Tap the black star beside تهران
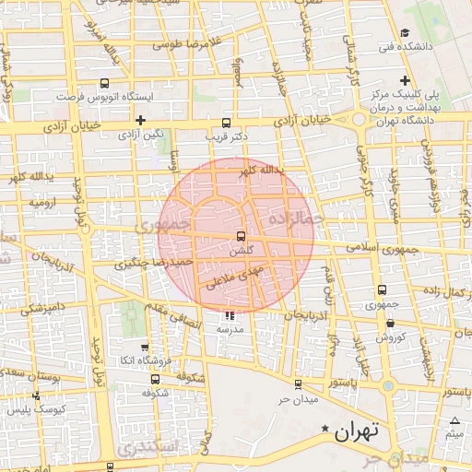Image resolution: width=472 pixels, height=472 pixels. pyautogui.click(x=324, y=430)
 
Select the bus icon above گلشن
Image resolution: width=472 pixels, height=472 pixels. pyautogui.click(x=242, y=236)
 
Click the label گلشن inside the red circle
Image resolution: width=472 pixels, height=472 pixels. pyautogui.click(x=242, y=250)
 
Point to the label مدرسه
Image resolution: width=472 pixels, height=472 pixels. pyautogui.click(x=229, y=328)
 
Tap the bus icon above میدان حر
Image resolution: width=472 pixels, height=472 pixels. pyautogui.click(x=297, y=385)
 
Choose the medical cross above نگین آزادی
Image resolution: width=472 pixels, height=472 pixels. pyautogui.click(x=140, y=120)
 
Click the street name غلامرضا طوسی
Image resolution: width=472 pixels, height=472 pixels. pyautogui.click(x=188, y=43)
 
